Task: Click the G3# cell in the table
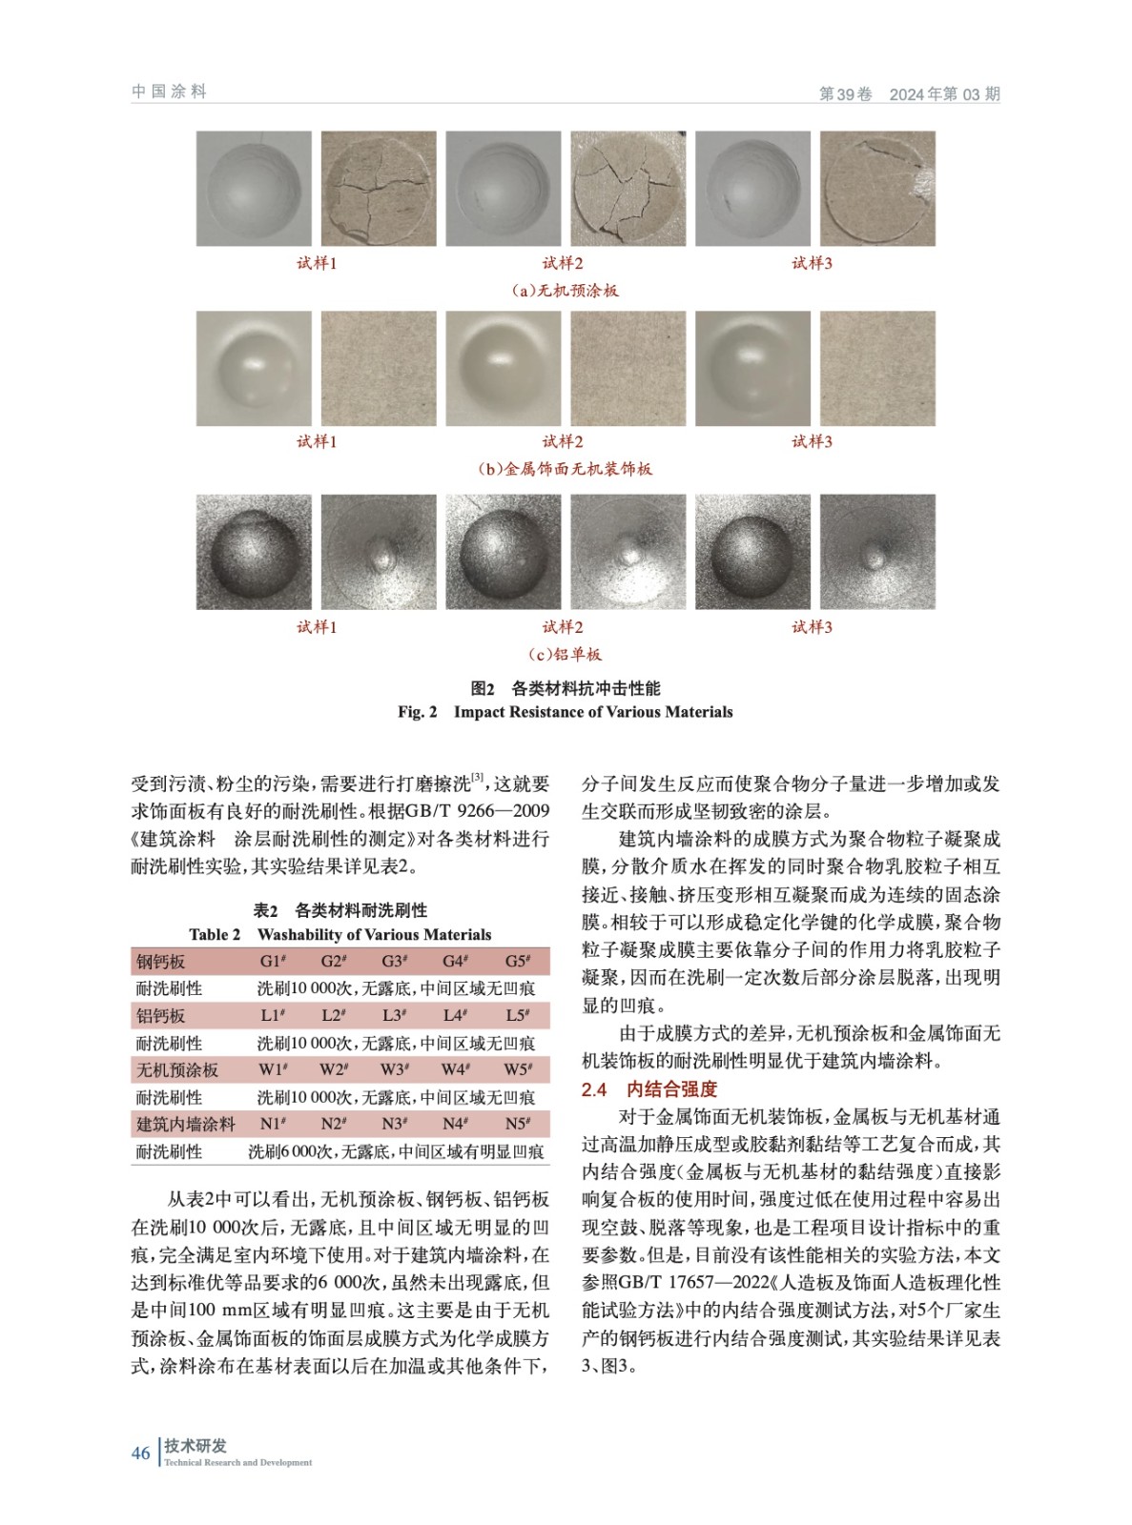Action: tap(393, 961)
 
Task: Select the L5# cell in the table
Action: tap(517, 1015)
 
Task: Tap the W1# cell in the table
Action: tap(273, 1069)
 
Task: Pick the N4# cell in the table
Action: tap(455, 1124)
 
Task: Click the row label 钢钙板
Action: tap(160, 962)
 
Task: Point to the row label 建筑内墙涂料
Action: tap(185, 1125)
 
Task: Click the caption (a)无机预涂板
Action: tap(566, 291)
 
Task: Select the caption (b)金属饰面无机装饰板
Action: tap(566, 469)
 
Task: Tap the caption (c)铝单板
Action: tap(566, 655)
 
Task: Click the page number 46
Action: tap(140, 1454)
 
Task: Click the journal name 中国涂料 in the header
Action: tap(169, 91)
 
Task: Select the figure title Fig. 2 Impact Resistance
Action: tap(566, 712)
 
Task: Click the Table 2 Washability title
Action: tap(340, 935)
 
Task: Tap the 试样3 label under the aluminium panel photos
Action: tap(813, 627)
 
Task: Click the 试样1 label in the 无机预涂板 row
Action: tap(317, 263)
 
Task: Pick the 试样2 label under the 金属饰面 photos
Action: tap(563, 441)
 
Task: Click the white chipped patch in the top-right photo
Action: tap(921, 182)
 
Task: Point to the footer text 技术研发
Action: tap(196, 1446)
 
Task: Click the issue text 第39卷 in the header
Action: tap(846, 93)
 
